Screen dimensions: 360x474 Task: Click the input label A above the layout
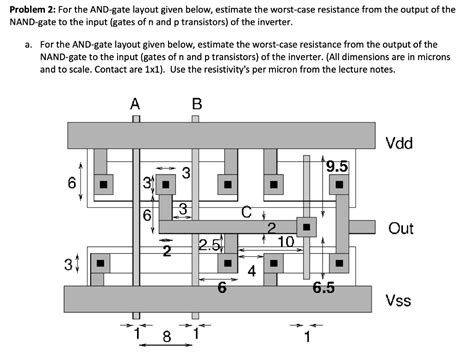134,103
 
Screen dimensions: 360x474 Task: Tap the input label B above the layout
196,103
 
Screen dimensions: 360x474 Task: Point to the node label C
246,211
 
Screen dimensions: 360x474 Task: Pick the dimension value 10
285,241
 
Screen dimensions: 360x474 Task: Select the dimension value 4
252,270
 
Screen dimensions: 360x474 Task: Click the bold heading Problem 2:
35,9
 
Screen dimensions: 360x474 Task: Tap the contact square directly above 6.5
339,264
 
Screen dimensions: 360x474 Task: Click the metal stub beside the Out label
363,227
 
